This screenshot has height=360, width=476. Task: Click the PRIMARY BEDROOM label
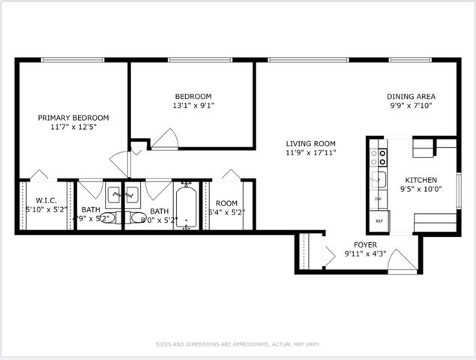coord(73,118)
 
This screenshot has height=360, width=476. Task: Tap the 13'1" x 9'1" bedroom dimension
coord(193,106)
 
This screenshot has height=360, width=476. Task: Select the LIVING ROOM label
coord(310,143)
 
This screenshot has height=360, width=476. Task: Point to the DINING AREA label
coord(411,96)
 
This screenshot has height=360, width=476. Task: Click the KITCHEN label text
coord(421,180)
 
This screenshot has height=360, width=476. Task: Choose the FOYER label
coord(366,244)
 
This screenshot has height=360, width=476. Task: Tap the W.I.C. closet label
coord(41,200)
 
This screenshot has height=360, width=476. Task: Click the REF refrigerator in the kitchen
coord(379,221)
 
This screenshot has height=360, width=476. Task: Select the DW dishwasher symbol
coord(379,199)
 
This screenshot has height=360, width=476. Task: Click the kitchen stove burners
coord(382,157)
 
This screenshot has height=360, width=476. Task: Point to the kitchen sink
coord(380,178)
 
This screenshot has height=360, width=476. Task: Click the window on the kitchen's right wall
coord(459,183)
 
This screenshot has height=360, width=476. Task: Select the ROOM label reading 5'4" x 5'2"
coord(226,203)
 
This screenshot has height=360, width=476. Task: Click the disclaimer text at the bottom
coord(238,344)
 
